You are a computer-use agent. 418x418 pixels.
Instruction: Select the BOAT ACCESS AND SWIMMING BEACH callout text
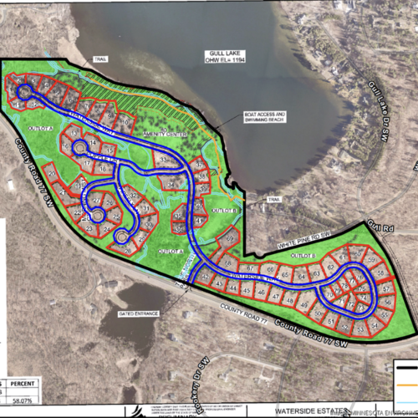[266, 117]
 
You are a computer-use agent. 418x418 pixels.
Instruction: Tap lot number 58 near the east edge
[382, 273]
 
